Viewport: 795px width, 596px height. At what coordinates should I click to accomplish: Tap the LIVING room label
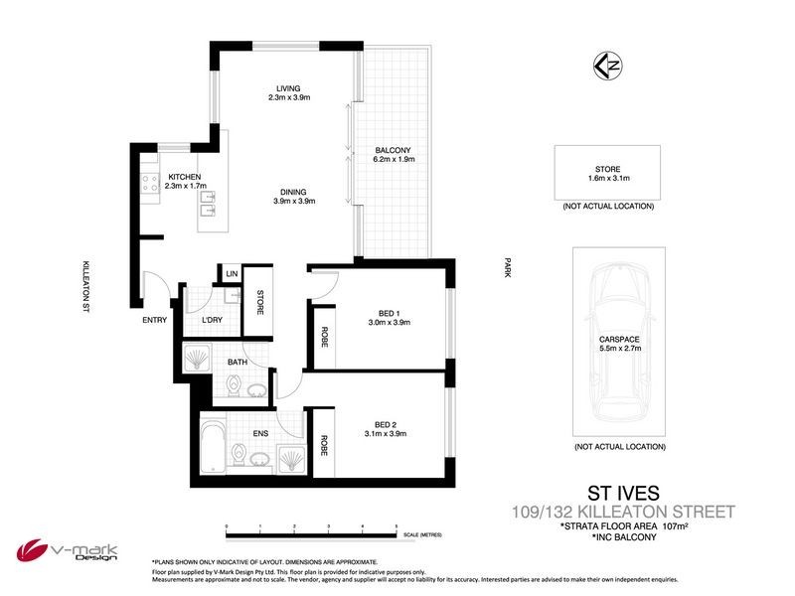[289, 87]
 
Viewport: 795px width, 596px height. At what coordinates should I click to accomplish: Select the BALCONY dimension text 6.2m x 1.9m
[393, 160]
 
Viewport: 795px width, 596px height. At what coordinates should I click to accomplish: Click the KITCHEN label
[184, 177]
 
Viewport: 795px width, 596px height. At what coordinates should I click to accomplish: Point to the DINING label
[293, 192]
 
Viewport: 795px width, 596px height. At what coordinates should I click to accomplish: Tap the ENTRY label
[155, 320]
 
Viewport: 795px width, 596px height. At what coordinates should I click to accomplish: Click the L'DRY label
[211, 320]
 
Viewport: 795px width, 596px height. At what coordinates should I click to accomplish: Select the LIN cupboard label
[231, 274]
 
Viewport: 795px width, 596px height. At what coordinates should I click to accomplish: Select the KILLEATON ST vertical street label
[87, 288]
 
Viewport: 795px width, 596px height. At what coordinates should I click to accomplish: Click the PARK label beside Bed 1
[507, 268]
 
